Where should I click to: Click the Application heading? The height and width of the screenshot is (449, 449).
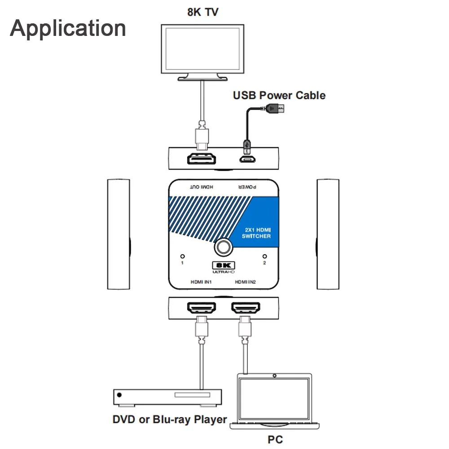pos(68,29)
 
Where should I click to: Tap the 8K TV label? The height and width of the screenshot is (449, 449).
pos(203,12)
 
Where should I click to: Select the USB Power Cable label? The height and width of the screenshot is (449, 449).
pos(279,95)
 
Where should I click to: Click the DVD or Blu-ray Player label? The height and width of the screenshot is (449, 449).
pos(170,419)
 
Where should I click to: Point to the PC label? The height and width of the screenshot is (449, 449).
pos(275,440)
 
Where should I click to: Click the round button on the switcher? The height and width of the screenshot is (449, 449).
pos(223,247)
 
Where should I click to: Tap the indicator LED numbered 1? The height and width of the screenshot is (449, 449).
pos(182,256)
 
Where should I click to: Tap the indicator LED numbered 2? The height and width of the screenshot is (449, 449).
pos(264,256)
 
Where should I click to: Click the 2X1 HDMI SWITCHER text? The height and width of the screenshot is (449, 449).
pos(256,233)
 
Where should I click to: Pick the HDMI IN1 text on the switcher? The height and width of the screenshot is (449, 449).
pos(201,282)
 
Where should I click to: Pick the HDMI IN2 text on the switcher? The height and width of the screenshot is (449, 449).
pos(246,282)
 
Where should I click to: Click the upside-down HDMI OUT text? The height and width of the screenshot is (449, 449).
pos(202,187)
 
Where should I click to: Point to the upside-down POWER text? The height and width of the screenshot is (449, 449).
pos(247,187)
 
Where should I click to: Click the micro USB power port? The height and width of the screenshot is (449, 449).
pos(247,159)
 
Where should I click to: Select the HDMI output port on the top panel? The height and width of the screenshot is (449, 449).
pos(201,159)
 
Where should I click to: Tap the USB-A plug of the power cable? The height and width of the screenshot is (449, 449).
pos(275,109)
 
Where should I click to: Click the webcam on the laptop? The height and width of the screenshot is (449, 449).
pos(274,375)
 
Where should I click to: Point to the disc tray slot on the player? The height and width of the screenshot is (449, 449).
pos(192,395)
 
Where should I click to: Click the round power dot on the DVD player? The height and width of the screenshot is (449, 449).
pos(119,395)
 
